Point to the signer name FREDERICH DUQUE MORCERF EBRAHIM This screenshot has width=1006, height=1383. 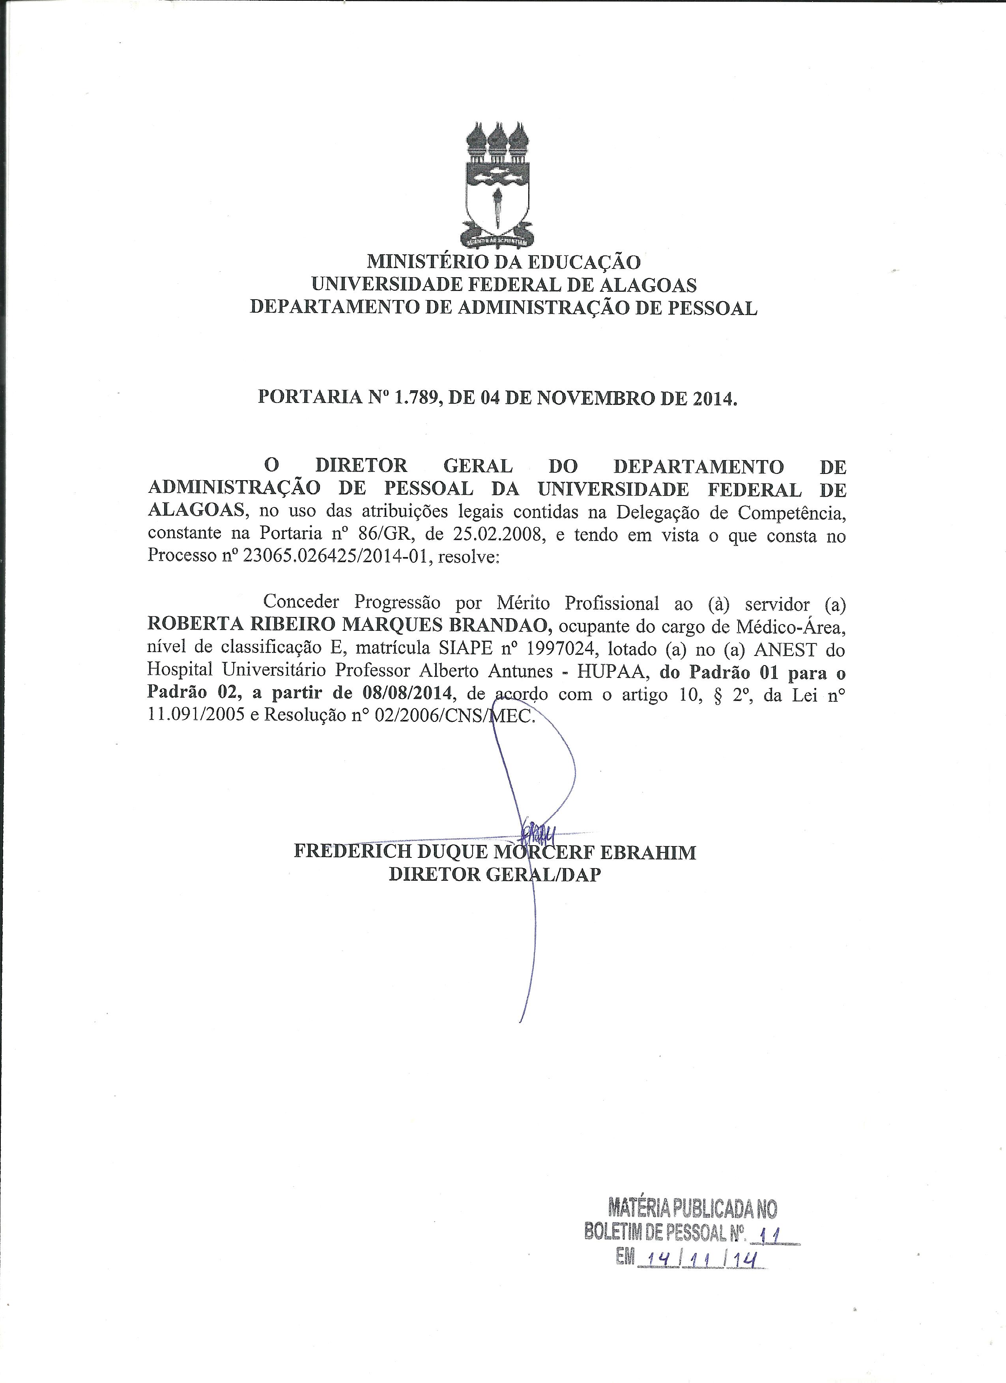495,852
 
